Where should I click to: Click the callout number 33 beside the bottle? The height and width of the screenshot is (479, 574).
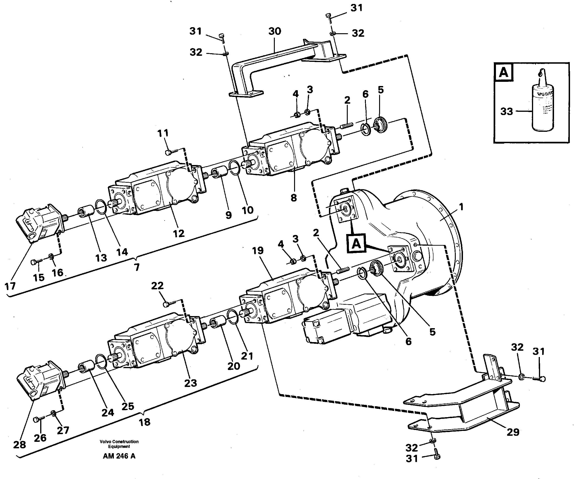[506, 112]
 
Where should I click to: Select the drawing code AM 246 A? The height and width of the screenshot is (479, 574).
[119, 456]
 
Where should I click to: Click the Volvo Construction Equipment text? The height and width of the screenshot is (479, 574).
[119, 444]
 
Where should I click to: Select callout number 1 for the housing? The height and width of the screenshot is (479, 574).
[461, 207]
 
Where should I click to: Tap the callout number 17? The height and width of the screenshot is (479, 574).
[10, 286]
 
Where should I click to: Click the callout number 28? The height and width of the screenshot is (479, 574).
[20, 445]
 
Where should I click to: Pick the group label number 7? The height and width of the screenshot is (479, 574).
[137, 267]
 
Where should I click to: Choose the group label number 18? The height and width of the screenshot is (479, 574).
[144, 422]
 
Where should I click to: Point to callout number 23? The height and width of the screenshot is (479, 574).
[190, 383]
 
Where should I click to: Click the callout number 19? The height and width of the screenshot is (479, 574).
[257, 251]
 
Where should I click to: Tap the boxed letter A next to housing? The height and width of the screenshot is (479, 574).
[356, 243]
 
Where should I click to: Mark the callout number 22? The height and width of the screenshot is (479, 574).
[157, 286]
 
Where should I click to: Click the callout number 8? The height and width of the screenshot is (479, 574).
[294, 198]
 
